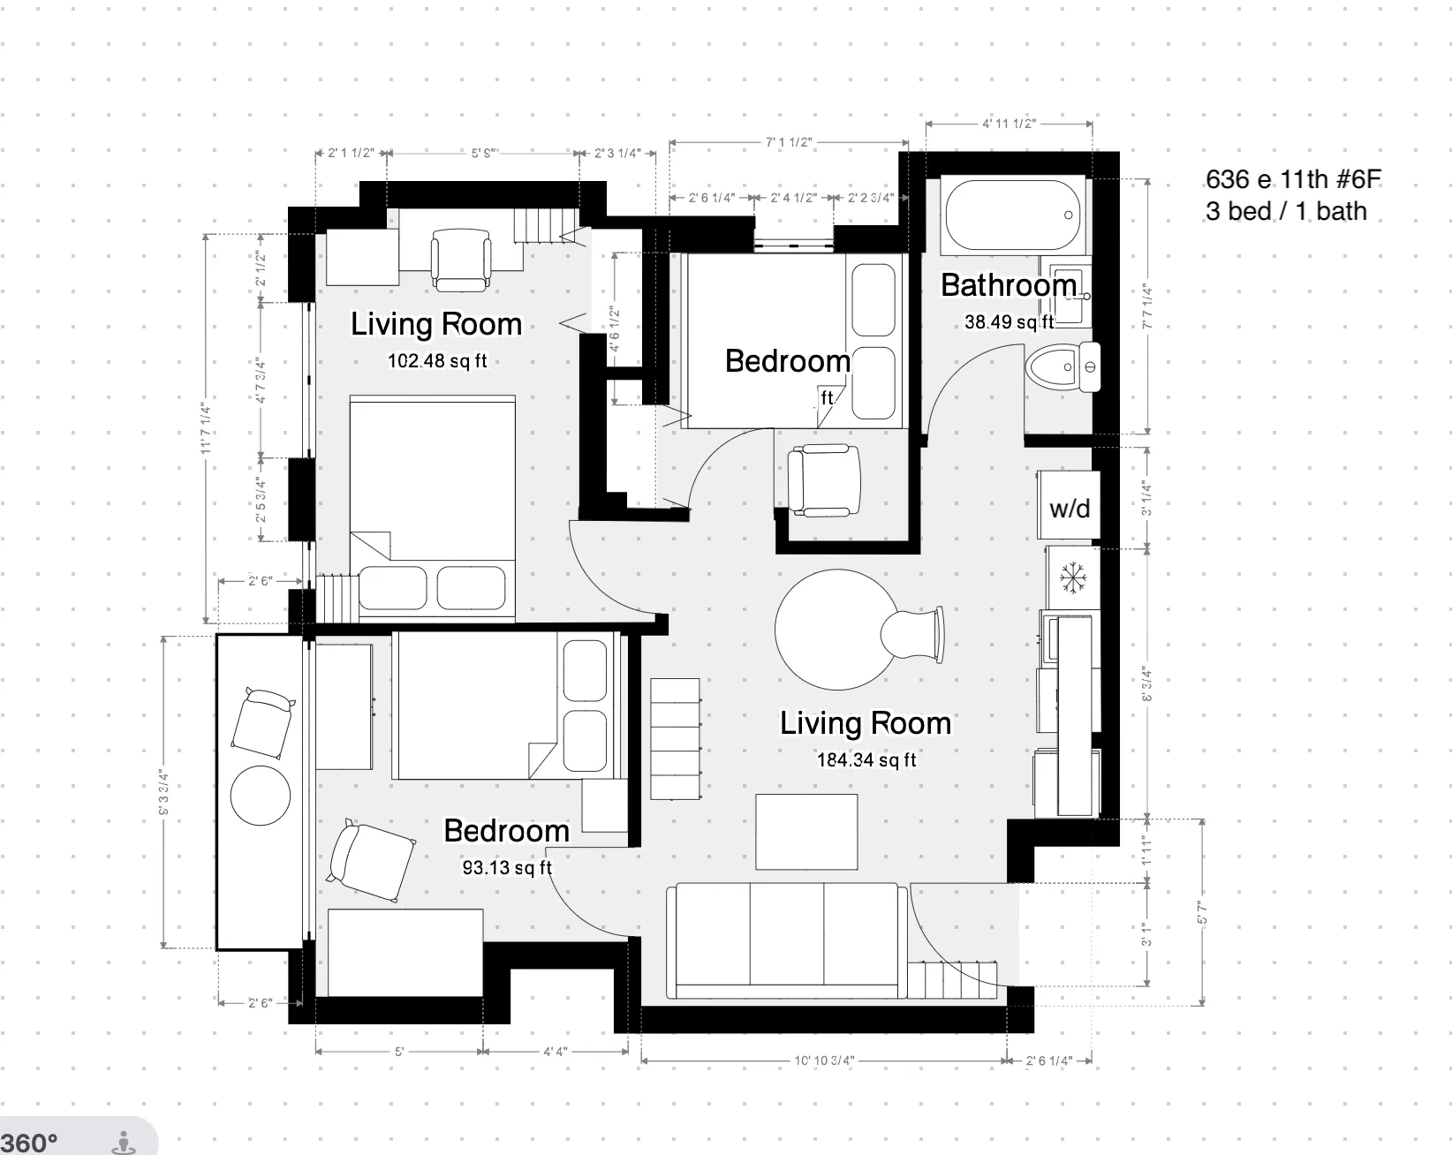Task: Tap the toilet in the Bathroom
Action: (x=1063, y=366)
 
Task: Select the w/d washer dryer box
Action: (x=1069, y=508)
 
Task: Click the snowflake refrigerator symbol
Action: (x=1072, y=578)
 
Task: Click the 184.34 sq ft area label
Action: (x=866, y=759)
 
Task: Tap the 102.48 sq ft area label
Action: (x=437, y=360)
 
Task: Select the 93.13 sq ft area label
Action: (x=507, y=867)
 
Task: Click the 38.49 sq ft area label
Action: (x=1009, y=321)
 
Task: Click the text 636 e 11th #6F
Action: (x=1292, y=179)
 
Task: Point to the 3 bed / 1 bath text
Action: (x=1285, y=212)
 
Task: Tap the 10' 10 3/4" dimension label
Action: (x=823, y=1061)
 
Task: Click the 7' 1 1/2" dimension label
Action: (x=789, y=142)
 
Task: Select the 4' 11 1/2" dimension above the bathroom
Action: (x=1008, y=124)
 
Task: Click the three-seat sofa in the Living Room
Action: (x=786, y=940)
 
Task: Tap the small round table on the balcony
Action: (x=261, y=795)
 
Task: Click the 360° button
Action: (x=30, y=1143)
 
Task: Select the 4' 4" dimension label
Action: (x=555, y=1052)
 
